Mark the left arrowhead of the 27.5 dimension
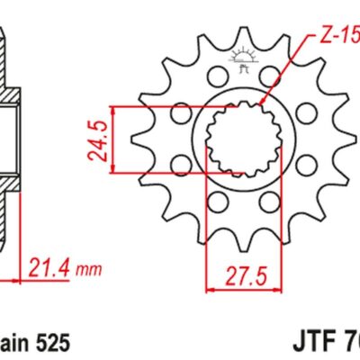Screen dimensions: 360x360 point(211,290)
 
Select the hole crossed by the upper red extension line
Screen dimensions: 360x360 point(180,113)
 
